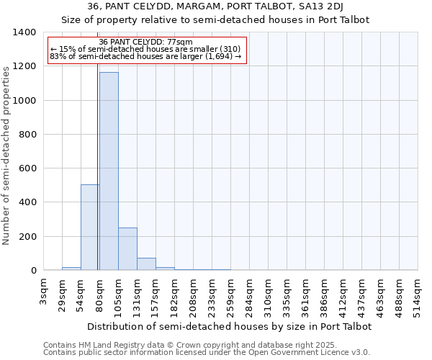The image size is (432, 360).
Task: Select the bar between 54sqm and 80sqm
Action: tap(90, 228)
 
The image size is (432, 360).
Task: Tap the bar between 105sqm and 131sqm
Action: tap(127, 249)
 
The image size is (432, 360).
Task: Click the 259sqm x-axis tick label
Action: tap(230, 295)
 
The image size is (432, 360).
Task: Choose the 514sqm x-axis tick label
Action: tap(418, 295)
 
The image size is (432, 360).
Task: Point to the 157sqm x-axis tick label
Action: tap(156, 295)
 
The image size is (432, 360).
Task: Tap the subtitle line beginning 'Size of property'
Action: tap(215, 20)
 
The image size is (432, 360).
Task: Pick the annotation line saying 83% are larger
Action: tap(146, 56)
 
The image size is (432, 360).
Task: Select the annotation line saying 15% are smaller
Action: tap(145, 49)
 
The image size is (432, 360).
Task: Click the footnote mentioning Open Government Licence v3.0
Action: tap(207, 353)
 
